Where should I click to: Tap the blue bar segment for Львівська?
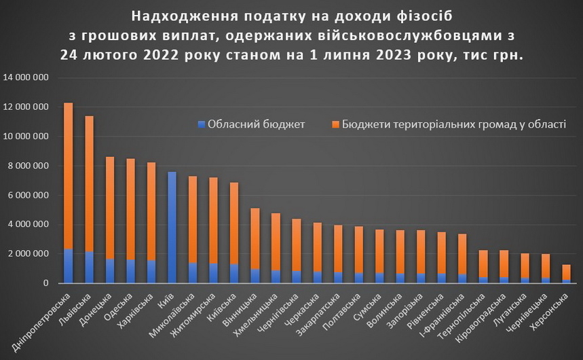coord(89,267)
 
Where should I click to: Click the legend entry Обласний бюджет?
coord(250,124)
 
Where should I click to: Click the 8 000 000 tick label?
coord(28,166)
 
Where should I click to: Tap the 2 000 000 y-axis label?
coord(28,254)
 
